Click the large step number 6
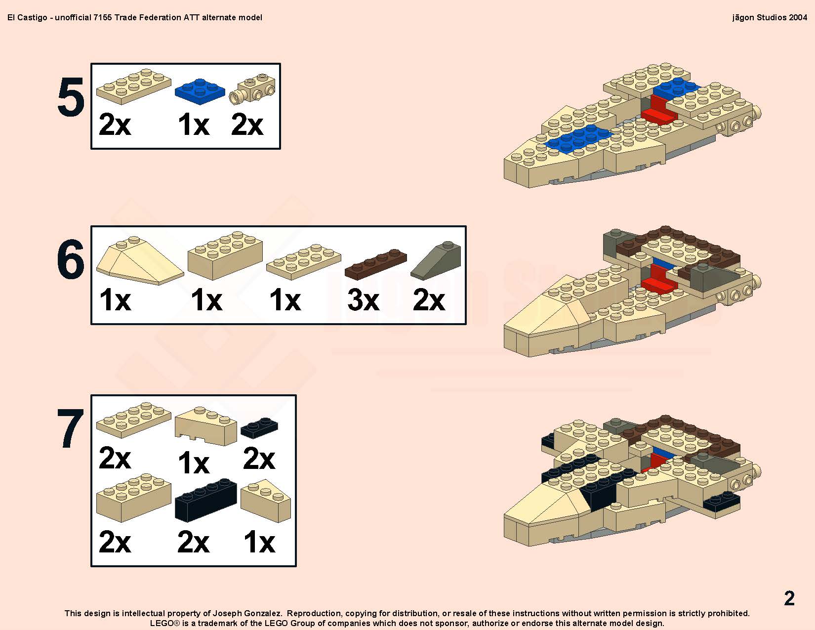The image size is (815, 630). [x=71, y=259]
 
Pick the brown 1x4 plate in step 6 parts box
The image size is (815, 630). [x=375, y=264]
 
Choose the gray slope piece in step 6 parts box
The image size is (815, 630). [x=436, y=260]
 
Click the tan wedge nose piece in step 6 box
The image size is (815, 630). [x=140, y=260]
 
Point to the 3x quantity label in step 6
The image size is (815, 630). [x=363, y=300]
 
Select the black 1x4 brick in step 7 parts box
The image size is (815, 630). [x=206, y=500]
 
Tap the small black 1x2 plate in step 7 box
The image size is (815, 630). [x=259, y=428]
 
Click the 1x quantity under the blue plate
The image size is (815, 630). [x=194, y=124]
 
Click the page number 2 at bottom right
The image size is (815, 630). [x=789, y=598]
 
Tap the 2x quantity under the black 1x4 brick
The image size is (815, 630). [x=193, y=542]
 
